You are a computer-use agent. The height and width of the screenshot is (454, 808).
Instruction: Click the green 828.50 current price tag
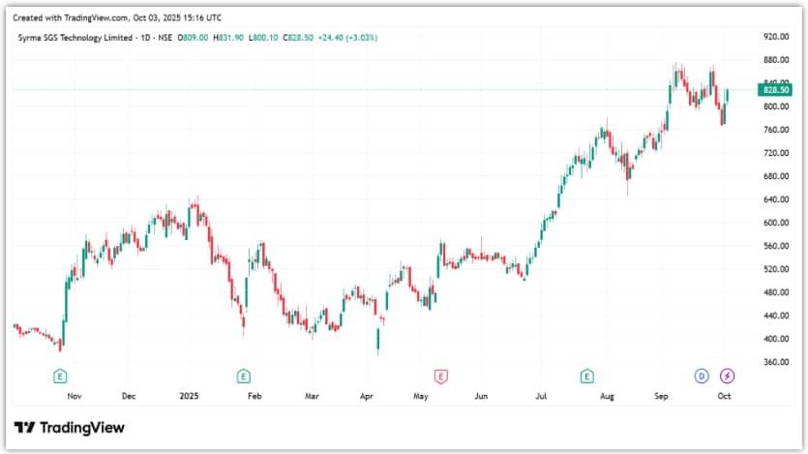(x=777, y=90)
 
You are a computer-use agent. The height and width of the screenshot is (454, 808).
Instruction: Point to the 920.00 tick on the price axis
(x=776, y=37)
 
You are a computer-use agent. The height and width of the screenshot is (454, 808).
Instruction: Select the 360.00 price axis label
(x=776, y=362)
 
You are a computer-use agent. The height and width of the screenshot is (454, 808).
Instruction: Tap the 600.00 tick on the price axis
(x=776, y=223)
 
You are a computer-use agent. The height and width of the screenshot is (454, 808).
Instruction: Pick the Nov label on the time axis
(x=74, y=396)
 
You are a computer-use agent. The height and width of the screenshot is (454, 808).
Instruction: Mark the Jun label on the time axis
(x=481, y=396)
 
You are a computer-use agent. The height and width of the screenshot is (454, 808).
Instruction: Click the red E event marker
(x=441, y=376)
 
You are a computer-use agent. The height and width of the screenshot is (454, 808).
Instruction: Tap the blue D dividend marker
(x=703, y=376)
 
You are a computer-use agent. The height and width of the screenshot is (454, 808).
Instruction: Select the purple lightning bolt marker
(x=727, y=376)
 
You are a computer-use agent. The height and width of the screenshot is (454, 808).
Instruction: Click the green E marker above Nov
(x=60, y=376)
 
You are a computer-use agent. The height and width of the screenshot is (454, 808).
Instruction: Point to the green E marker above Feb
(x=244, y=376)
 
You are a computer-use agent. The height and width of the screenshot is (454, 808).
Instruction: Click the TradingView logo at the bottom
(x=70, y=428)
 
